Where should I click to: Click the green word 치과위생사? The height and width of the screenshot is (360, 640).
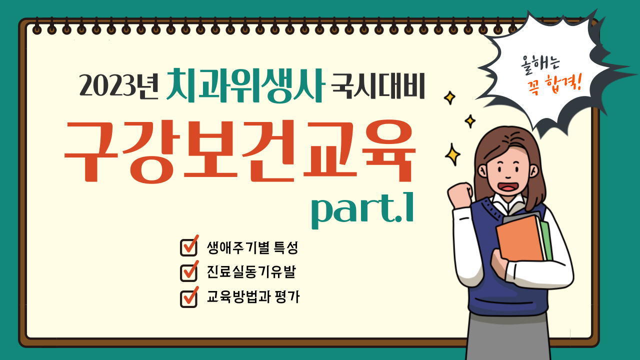245,85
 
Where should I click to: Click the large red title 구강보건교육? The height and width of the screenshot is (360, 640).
239,151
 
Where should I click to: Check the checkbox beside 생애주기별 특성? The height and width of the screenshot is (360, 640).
189,245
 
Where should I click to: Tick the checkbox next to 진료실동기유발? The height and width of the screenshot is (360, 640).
189,271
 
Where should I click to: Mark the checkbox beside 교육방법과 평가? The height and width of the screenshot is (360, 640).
189,297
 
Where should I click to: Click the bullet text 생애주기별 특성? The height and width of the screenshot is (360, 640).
252,247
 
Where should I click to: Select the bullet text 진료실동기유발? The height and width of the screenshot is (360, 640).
251,271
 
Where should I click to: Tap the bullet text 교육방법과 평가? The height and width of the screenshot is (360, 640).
253,297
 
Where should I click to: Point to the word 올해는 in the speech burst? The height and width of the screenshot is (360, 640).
540,64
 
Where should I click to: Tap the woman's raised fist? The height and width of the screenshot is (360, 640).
460,194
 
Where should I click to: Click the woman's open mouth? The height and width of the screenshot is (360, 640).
507,187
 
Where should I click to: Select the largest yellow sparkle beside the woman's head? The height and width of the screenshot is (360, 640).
452,155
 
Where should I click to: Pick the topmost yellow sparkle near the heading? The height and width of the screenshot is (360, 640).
449,97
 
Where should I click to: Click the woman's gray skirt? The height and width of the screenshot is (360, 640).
508,337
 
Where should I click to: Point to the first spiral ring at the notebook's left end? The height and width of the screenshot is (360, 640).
37,26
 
